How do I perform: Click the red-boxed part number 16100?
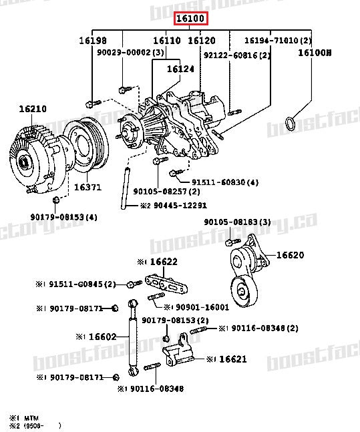click(x=190, y=19)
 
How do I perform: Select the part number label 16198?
click(x=93, y=41)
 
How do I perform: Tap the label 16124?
click(x=180, y=68)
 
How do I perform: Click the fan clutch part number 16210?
click(x=32, y=108)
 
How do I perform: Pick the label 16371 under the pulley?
click(x=87, y=187)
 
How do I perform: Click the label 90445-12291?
click(x=164, y=206)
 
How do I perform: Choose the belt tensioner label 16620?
click(x=290, y=254)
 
